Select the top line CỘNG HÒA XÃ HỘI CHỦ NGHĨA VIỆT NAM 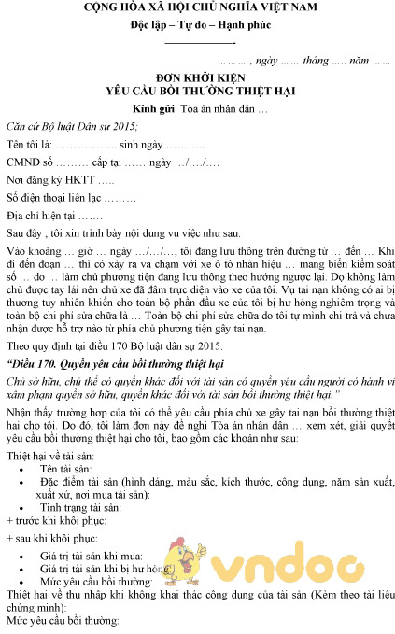198,8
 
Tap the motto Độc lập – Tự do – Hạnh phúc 198,27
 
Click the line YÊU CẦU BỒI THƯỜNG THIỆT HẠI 198,94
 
